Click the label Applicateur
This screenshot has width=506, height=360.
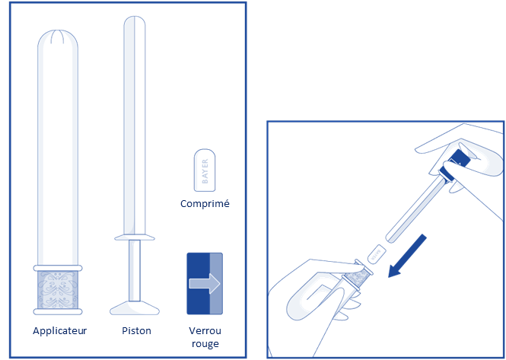[x=59, y=331]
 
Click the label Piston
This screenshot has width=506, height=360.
[x=136, y=330]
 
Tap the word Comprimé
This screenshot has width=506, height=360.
[x=205, y=204]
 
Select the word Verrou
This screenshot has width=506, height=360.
[x=205, y=330]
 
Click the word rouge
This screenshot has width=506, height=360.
[x=205, y=344]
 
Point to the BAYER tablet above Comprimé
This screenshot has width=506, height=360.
[x=205, y=170]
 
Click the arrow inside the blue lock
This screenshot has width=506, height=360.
[x=205, y=283]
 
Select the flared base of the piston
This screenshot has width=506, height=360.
[x=135, y=308]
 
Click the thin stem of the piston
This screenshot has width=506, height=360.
[x=135, y=270]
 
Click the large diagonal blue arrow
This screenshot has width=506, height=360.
[x=407, y=256]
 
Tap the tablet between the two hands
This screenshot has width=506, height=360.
[x=377, y=253]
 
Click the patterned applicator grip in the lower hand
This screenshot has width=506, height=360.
[x=357, y=277]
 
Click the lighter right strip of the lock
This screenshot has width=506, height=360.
[x=216, y=283]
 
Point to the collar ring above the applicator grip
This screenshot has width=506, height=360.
[x=58, y=268]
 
